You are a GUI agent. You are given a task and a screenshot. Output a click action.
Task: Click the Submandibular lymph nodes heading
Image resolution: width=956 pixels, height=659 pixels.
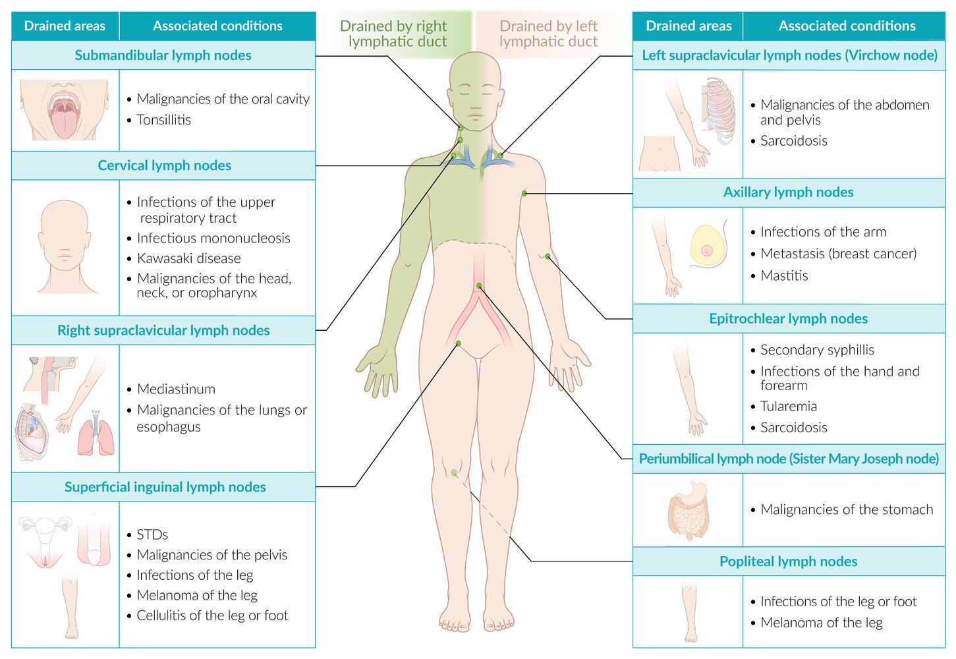tap(163, 55)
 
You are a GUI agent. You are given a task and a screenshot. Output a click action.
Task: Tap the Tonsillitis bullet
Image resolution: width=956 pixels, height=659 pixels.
tap(163, 120)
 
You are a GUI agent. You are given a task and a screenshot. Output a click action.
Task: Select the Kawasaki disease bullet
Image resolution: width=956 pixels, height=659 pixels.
tap(188, 258)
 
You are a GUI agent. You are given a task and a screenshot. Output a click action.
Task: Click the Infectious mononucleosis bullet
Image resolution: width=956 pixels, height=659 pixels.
tap(213, 238)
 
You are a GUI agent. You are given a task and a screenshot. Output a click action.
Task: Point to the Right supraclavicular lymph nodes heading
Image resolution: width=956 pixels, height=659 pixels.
tap(163, 330)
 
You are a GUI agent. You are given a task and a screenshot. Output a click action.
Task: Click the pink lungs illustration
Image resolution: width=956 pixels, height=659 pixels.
tap(96, 434)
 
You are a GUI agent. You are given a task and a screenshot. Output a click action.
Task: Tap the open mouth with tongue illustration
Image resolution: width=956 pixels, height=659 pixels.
tap(64, 110)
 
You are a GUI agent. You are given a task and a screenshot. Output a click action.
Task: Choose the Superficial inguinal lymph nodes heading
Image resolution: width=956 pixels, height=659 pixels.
tap(165, 487)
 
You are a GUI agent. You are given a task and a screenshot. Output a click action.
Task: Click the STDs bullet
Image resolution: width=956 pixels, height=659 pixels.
tap(152, 534)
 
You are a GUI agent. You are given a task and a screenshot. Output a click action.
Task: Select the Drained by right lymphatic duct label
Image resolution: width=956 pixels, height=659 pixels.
tap(394, 34)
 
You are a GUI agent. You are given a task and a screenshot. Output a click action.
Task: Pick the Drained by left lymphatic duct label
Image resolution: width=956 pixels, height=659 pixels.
tap(548, 34)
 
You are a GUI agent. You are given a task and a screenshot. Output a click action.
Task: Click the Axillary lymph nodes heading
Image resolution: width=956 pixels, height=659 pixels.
tap(788, 192)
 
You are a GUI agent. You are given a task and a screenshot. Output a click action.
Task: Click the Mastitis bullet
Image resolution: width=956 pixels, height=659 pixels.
tap(784, 275)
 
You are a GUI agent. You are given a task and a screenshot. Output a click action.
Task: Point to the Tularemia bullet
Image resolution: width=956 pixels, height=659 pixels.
tap(788, 406)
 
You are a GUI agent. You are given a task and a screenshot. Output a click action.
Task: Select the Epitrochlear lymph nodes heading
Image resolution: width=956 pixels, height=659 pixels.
tap(788, 319)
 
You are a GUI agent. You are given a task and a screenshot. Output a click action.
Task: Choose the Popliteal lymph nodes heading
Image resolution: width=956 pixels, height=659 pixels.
tap(788, 561)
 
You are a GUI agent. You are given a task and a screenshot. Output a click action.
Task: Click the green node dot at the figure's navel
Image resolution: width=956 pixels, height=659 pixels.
tap(479, 285)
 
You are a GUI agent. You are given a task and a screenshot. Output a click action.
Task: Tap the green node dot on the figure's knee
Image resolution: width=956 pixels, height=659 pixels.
tap(454, 472)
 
